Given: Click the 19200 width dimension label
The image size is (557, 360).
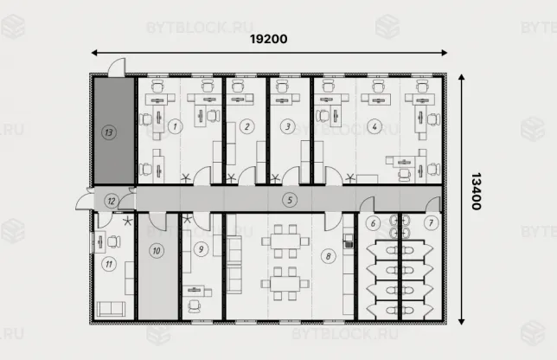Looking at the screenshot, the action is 268,39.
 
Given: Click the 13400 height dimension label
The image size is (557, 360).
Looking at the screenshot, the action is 476,191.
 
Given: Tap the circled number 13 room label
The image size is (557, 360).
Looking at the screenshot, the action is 109,132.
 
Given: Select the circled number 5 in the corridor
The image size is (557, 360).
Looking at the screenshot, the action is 290,200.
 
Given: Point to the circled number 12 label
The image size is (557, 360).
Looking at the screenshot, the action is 112,201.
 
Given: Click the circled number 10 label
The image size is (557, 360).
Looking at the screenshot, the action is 157,251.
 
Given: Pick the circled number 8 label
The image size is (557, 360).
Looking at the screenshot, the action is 328,256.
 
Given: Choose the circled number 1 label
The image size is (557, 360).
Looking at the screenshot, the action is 175,126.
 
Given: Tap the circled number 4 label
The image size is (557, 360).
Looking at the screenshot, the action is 375,126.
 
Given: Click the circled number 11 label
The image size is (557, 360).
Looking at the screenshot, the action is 109,264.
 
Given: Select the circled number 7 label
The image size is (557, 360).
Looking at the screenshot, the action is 431,222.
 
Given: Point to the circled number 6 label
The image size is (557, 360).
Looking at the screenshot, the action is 373,223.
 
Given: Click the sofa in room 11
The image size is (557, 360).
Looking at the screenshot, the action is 111,309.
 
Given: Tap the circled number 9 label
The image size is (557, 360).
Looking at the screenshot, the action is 201,249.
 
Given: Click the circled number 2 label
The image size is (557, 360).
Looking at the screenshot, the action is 246,126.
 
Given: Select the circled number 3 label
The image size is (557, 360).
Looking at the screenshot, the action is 287,126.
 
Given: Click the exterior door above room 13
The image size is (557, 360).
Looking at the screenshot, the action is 117,67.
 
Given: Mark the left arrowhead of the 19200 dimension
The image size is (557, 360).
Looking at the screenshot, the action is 93,53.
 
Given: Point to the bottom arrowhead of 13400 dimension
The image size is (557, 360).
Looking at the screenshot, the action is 462,322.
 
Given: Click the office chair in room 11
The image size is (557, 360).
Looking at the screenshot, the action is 113,241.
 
